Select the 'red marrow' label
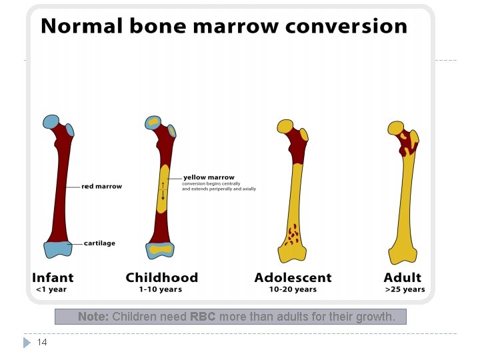(101, 186)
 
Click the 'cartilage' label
(99, 243)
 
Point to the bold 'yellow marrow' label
(209, 177)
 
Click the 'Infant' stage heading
(53, 277)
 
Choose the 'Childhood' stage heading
(161, 277)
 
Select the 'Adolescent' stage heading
(293, 277)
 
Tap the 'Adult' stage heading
(402, 277)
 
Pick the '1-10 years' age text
(160, 290)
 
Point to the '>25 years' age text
(405, 290)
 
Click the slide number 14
(42, 342)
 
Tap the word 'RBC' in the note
(203, 317)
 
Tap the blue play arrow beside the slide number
(27, 342)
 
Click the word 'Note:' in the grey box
(93, 317)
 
